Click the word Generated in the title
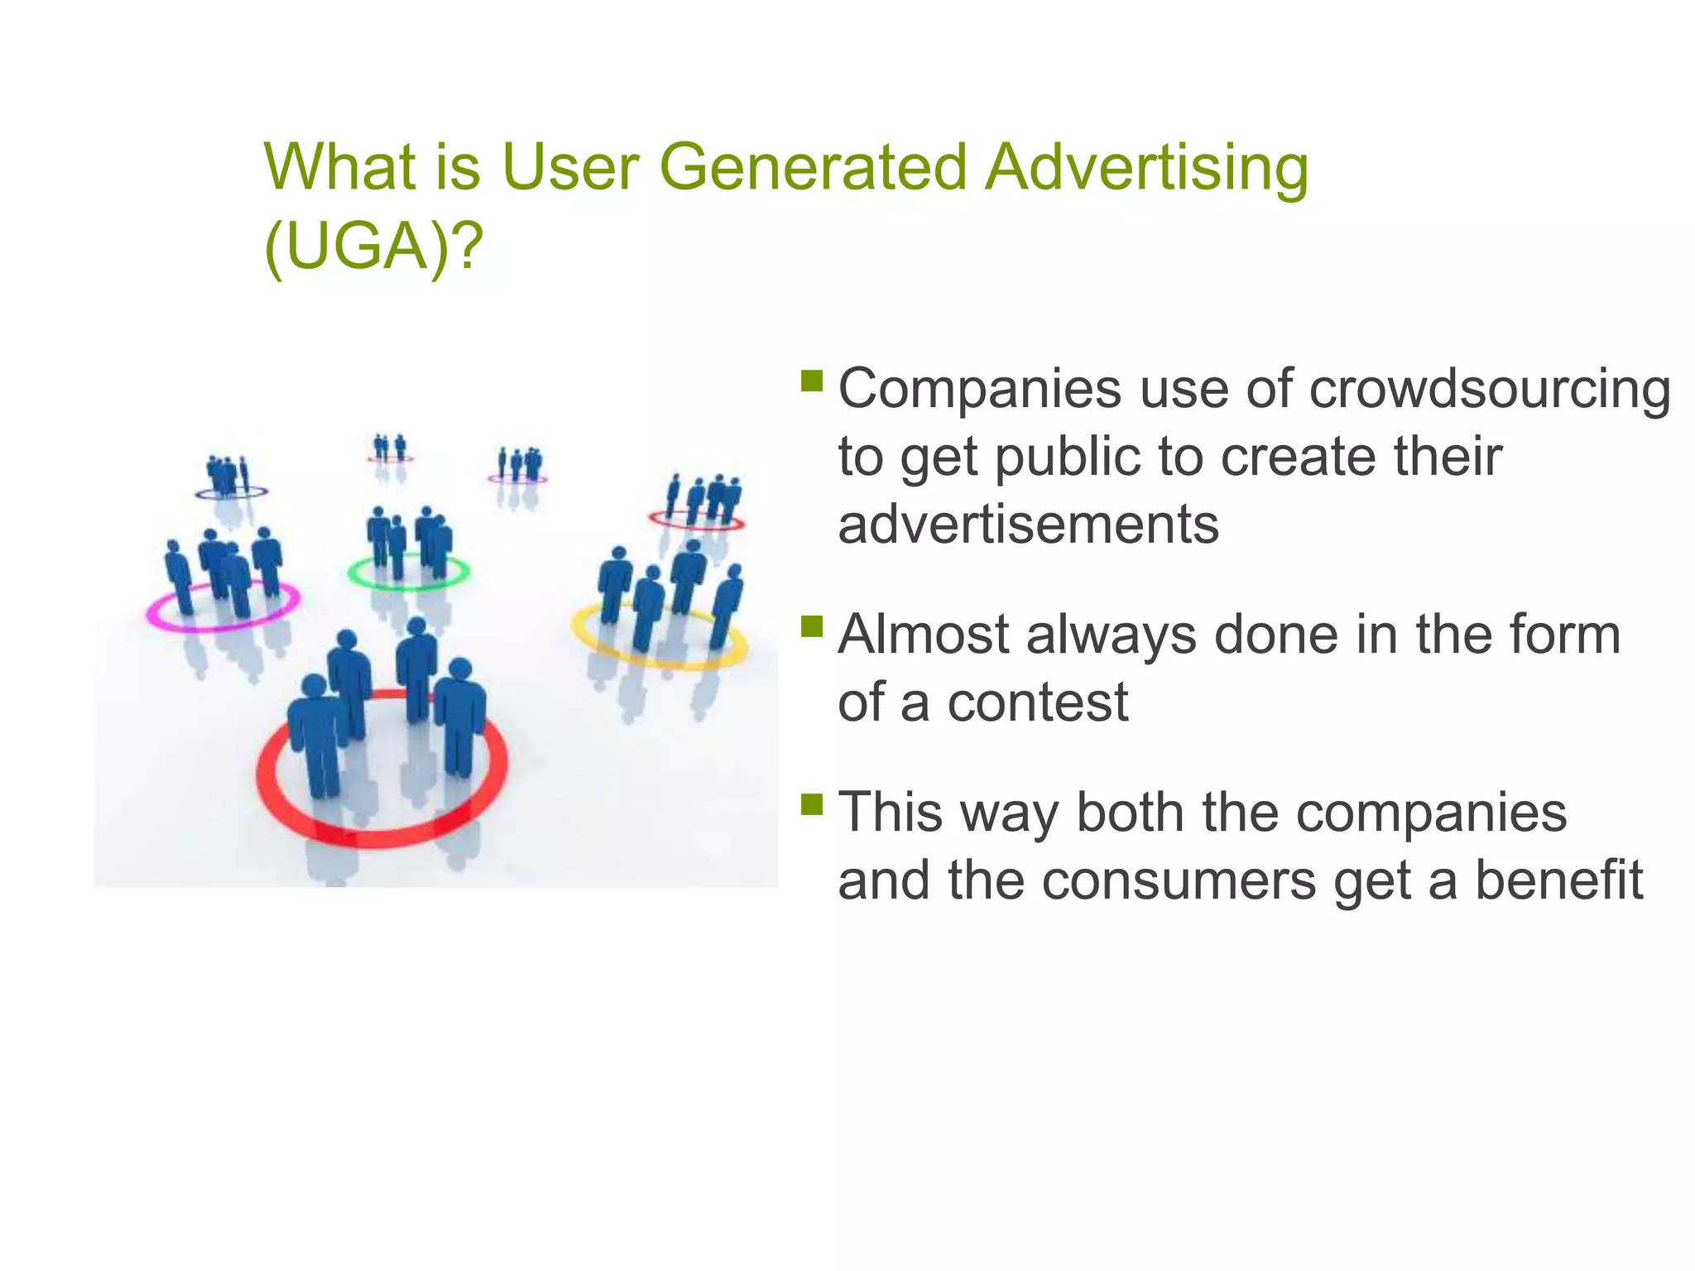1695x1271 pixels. point(813,168)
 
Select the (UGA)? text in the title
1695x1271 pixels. point(373,247)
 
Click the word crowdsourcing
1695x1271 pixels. point(1490,389)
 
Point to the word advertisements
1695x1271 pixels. point(1028,525)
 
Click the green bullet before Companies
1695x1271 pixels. point(812,381)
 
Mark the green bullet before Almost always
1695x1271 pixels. point(812,626)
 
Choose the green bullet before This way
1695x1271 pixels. point(812,803)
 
